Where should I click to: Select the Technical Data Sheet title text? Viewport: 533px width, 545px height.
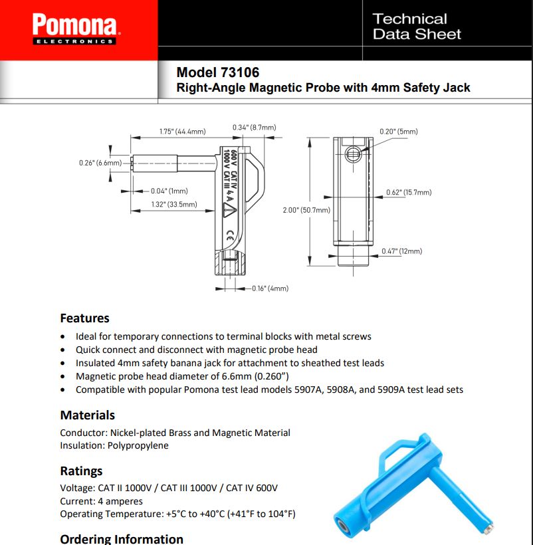tap(417, 27)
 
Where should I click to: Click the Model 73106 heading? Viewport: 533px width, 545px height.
tap(218, 72)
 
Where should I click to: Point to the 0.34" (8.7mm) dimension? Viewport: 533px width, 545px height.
tap(254, 127)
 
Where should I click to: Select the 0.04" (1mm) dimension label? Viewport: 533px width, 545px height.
tap(169, 191)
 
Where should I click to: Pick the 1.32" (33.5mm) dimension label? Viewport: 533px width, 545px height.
tap(174, 204)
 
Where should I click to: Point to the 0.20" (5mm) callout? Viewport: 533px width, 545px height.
tap(399, 131)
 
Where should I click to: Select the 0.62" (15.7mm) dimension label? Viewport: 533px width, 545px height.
tap(409, 192)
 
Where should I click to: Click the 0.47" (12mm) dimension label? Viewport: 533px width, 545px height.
tap(401, 251)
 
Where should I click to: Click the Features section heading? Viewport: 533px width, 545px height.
tap(84, 318)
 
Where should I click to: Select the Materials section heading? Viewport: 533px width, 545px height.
tap(87, 415)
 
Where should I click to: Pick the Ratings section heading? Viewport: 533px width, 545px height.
tap(81, 471)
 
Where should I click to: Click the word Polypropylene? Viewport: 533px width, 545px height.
tap(139, 445)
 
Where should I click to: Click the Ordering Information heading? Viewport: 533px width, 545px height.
tap(122, 538)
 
